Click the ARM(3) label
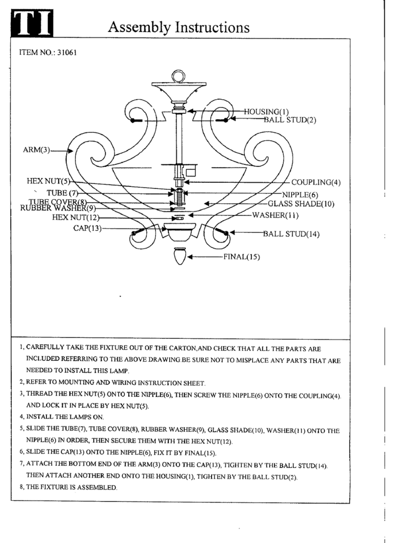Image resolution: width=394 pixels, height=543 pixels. (x=36, y=148)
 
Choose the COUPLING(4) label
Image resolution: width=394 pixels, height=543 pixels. (x=315, y=183)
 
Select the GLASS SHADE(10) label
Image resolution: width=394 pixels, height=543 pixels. (x=301, y=204)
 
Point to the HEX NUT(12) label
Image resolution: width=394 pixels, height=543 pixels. (x=76, y=217)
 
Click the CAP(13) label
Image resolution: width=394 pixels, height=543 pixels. (x=87, y=228)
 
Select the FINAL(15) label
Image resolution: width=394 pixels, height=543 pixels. (x=241, y=257)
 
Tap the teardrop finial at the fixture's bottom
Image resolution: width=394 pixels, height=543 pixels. (x=180, y=256)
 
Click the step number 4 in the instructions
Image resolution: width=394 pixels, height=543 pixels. (x=21, y=417)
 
